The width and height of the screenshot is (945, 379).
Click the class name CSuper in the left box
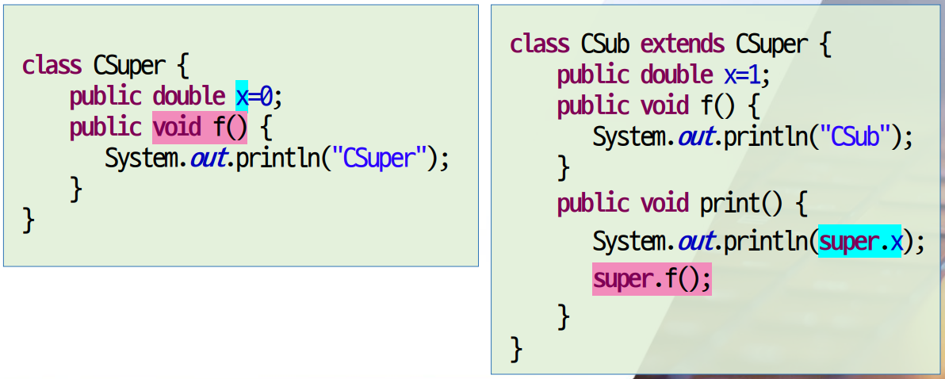[129, 65]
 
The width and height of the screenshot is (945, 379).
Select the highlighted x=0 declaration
[254, 96]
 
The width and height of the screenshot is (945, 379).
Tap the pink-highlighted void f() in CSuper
[200, 127]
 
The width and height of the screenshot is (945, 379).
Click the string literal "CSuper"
[380, 158]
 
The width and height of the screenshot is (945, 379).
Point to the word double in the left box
[189, 96]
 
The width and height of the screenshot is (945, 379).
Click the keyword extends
[683, 44]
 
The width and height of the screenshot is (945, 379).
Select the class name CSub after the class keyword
[605, 44]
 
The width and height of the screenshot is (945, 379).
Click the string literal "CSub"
[855, 137]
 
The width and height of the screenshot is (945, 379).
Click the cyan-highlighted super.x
[860, 240]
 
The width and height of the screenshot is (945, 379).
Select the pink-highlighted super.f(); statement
[652, 279]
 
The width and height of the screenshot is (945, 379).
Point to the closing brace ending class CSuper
[29, 220]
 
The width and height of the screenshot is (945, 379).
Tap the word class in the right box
[540, 44]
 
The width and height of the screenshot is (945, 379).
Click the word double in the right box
[676, 75]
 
